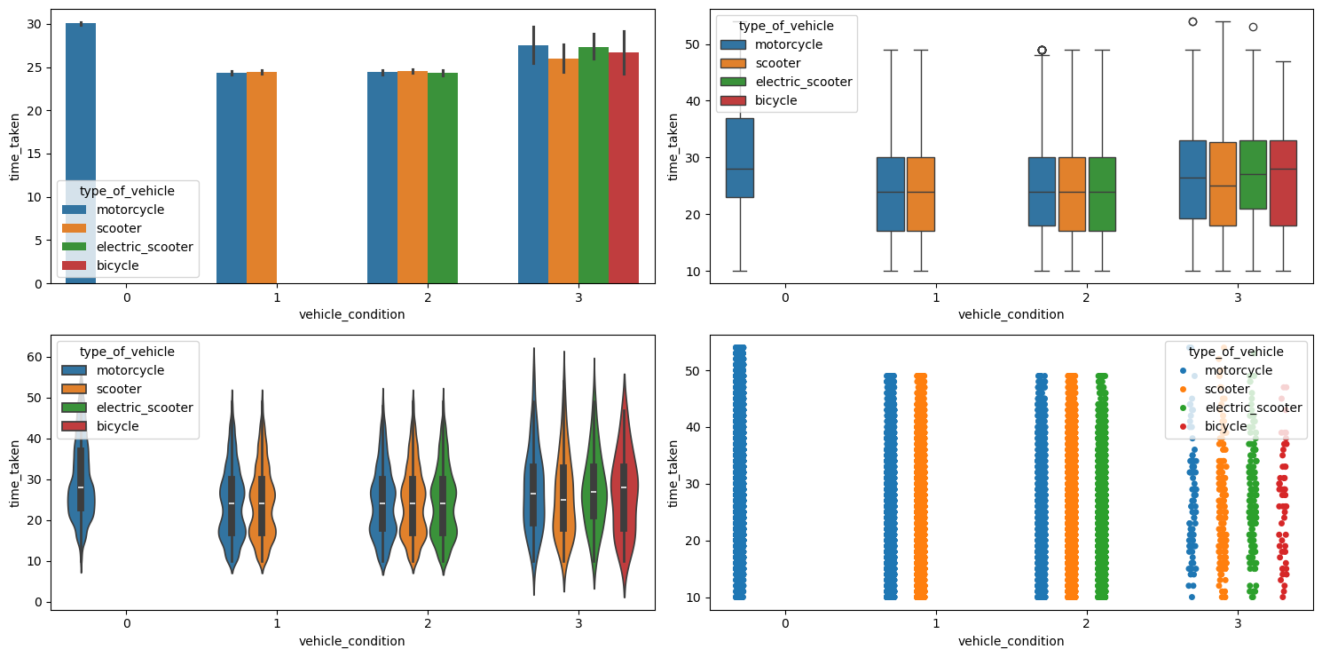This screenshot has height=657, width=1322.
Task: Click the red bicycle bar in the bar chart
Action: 624,169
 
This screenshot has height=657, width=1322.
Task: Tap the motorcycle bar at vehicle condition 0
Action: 81,107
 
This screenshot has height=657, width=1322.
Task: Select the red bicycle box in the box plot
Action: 1283,183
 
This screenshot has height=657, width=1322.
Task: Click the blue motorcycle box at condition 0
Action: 739,158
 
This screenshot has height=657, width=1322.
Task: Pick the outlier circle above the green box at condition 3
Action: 1253,27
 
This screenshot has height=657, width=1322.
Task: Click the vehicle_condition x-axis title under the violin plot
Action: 351,641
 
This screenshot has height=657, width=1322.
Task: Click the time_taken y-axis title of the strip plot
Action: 673,472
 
